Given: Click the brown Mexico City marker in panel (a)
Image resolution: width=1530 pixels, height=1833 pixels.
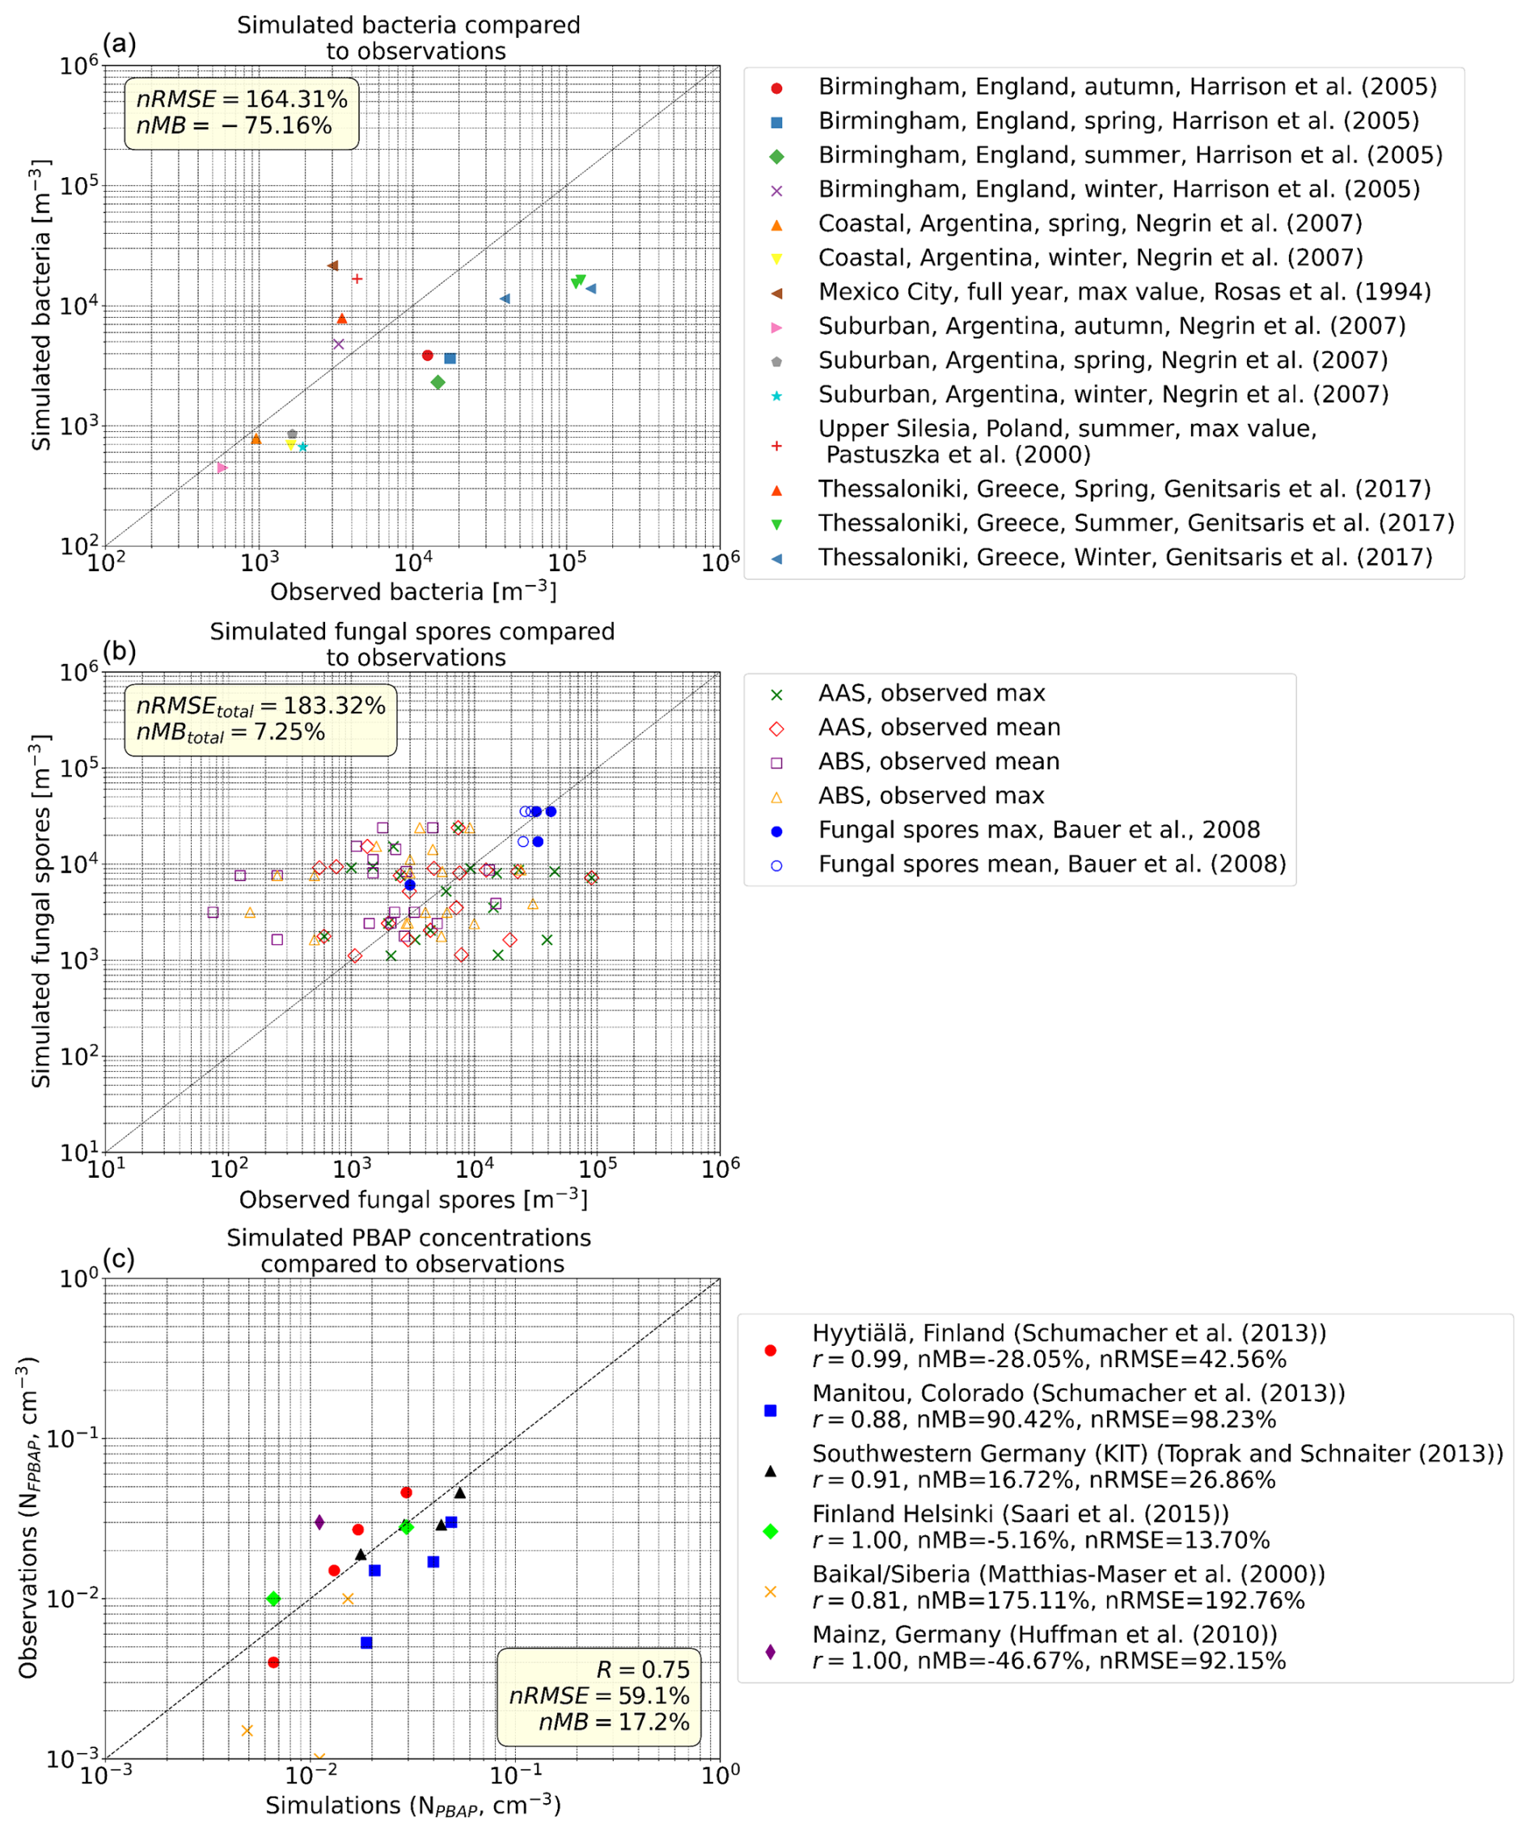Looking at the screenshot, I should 332,265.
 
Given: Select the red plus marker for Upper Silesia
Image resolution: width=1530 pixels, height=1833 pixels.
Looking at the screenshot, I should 357,278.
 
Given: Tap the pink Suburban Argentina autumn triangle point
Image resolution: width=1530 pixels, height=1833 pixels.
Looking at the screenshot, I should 222,468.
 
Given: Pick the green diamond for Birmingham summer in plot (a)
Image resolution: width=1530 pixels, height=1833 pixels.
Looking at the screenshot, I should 438,383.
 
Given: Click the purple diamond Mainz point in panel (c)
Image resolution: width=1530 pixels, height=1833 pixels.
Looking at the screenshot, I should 319,1522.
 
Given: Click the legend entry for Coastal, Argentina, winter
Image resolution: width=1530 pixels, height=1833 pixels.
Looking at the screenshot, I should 1089,257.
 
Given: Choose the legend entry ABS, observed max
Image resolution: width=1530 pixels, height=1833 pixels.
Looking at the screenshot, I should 931,795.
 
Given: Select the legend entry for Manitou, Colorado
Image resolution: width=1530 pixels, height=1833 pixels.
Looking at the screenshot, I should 1078,1393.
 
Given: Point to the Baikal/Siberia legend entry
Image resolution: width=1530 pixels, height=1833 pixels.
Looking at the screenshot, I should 1067,1574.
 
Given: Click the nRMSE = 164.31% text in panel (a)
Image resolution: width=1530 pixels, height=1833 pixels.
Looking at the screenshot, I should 242,99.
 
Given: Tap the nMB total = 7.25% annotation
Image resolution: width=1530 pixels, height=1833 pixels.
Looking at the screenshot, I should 230,731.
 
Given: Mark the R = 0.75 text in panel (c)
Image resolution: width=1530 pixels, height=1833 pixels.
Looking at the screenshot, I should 643,1669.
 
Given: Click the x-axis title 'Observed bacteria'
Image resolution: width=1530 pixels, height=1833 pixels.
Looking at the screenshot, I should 413,592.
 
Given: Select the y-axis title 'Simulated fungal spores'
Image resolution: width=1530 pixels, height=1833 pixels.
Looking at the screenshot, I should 41,912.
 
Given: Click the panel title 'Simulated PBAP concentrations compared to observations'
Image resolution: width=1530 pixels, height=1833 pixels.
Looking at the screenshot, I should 409,1250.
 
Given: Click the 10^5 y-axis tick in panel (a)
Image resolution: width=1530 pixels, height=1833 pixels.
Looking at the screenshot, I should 78,186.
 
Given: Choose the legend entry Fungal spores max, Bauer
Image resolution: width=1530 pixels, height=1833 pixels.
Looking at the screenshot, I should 1038,829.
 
